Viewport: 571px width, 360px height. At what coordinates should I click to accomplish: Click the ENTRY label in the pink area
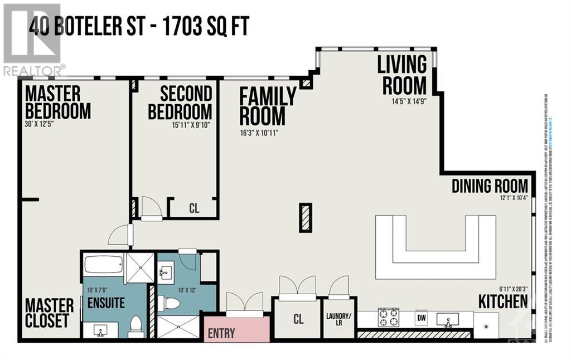tap(221, 333)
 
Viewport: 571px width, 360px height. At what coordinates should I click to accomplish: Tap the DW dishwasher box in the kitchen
tap(422, 318)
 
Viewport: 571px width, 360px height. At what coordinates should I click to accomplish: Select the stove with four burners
tap(388, 318)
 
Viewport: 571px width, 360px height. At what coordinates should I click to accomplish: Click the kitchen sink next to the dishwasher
tap(447, 319)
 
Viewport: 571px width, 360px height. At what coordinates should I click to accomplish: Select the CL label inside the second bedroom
tap(193, 209)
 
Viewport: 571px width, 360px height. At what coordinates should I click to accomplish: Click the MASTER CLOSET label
tap(49, 313)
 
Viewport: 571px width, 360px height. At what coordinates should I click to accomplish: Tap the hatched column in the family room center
tap(305, 217)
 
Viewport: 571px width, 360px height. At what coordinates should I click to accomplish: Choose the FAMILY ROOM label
tap(267, 106)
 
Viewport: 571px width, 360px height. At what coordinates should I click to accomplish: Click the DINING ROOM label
tap(489, 186)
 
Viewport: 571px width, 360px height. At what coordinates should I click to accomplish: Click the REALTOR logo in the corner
tap(33, 39)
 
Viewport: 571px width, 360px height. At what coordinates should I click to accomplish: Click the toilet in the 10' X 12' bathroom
tap(169, 304)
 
